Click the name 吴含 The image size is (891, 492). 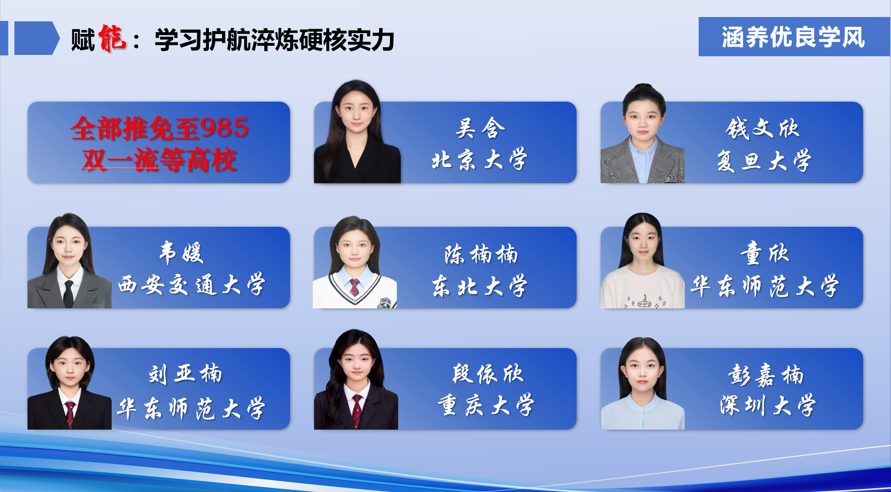click(x=480, y=128)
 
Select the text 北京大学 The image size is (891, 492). click(x=479, y=160)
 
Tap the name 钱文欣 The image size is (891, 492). click(x=763, y=128)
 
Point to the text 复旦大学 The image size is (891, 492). click(x=764, y=161)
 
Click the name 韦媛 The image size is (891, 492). click(x=181, y=253)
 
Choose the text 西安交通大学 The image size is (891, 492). click(x=192, y=284)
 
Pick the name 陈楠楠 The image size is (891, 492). click(x=481, y=254)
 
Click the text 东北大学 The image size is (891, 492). click(x=479, y=286)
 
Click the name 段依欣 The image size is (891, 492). click(x=488, y=374)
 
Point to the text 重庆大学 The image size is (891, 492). click(x=486, y=405)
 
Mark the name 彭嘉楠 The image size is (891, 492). click(x=765, y=375)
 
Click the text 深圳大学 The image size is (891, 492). click(x=768, y=405)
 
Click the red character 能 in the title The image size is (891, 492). click(x=112, y=38)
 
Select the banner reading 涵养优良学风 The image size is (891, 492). click(x=794, y=37)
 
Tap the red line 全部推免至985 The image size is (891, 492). click(x=160, y=128)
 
